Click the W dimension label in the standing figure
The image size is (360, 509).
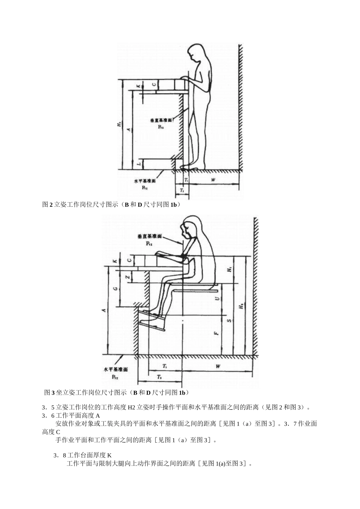pos(213,180)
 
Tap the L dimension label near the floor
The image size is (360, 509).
pos(139,164)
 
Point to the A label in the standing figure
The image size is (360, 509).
pos(128,129)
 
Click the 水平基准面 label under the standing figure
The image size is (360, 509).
pos(144,181)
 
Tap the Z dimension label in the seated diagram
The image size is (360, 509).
pos(128,277)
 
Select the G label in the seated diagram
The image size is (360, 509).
pos(114,288)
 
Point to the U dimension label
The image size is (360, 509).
pos(217,298)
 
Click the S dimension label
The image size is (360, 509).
pos(229,320)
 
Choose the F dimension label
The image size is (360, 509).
pos(216,333)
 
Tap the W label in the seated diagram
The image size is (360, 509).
pos(218,366)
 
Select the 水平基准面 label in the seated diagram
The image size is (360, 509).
pos(116,369)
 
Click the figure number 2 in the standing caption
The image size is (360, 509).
pos(51,205)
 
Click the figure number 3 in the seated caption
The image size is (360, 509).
pos(53,392)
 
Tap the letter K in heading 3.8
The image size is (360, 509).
pos(109,455)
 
